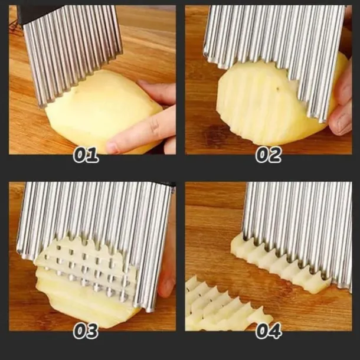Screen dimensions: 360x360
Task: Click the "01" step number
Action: pyautogui.click(x=86, y=155)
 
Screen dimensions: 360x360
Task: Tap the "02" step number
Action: pyautogui.click(x=269, y=155)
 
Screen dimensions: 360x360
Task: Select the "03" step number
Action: pyautogui.click(x=86, y=331)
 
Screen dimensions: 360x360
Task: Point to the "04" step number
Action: pyautogui.click(x=269, y=331)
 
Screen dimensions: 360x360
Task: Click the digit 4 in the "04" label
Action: pyautogui.click(x=275, y=331)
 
